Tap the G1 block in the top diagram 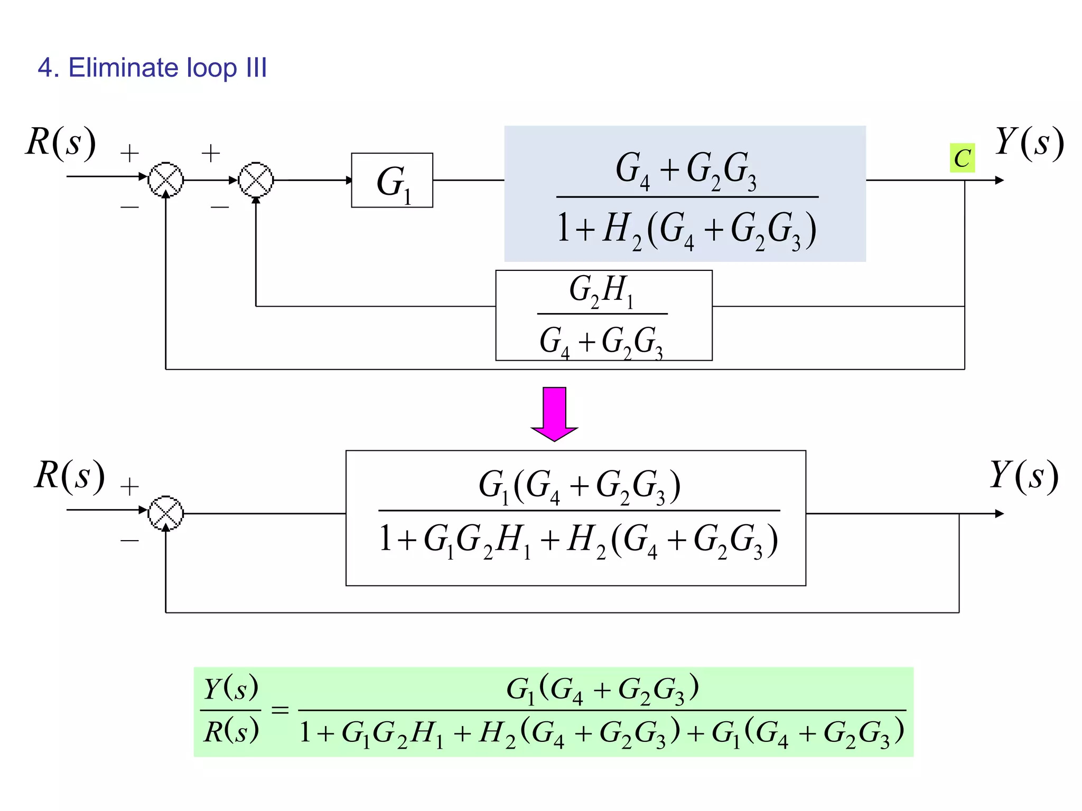tap(392, 181)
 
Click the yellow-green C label tap(962, 158)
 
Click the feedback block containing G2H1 tap(603, 315)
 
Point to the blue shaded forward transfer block tap(685, 194)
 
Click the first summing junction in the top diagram tap(166, 180)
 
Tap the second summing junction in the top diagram tap(256, 180)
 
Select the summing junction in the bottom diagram tap(166, 513)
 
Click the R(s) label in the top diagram tap(61, 142)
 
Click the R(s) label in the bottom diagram tap(69, 476)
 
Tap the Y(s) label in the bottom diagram tap(1023, 476)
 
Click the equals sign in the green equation tap(280, 710)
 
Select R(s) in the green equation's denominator tap(231, 732)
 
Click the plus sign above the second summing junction tap(211, 154)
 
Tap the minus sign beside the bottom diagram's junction tap(129, 540)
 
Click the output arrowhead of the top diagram tap(999, 180)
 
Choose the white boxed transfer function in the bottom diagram tap(576, 518)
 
